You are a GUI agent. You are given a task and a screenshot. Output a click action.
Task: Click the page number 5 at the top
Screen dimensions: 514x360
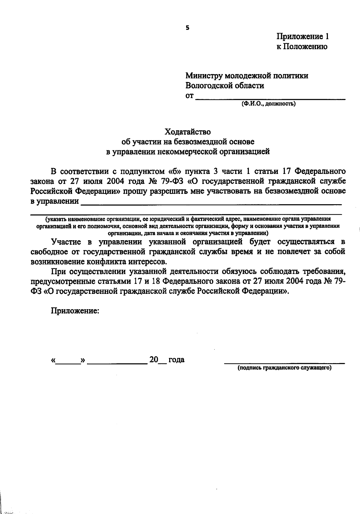(187, 28)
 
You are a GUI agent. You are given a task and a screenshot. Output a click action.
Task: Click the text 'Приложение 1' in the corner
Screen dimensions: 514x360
(302, 37)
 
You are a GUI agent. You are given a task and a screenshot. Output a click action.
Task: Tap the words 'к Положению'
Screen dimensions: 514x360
(301, 46)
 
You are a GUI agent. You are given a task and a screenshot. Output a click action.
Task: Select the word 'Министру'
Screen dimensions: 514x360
(204, 76)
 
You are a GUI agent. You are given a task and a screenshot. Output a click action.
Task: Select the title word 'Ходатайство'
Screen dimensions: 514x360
(187, 132)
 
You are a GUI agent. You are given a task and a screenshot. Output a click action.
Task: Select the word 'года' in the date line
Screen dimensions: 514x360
(176, 360)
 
